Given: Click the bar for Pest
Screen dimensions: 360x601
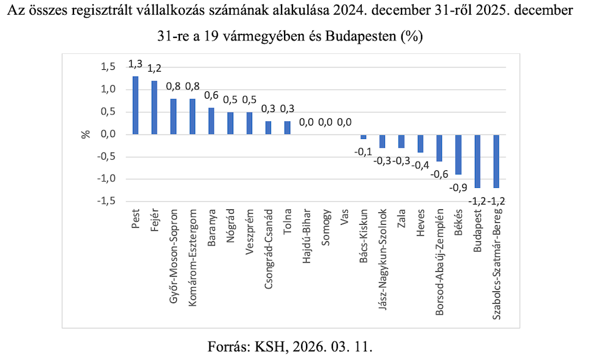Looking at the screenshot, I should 135,105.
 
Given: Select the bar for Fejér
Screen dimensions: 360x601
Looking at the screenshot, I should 154,108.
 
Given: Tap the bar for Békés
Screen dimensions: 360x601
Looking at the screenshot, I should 458,154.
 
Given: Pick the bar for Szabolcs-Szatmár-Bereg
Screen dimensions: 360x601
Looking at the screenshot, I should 496,161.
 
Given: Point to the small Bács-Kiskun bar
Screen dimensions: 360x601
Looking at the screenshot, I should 363,137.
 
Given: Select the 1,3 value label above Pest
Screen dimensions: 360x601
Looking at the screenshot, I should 135,64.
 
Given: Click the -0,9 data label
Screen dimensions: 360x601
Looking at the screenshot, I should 458,187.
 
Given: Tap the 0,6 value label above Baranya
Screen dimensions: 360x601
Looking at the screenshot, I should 211,96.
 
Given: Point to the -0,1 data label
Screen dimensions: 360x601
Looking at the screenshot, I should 363,151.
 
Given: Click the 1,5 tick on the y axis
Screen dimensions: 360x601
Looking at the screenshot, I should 108,67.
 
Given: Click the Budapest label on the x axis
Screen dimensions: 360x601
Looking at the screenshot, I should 477,229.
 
